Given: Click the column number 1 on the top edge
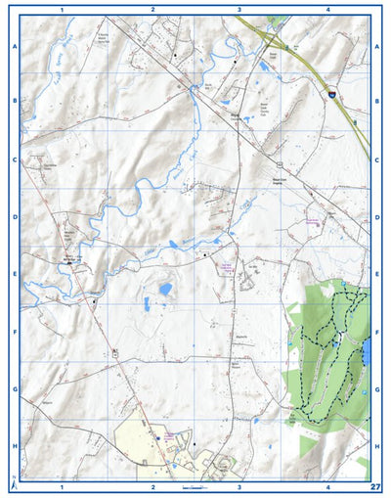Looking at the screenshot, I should coord(62,9).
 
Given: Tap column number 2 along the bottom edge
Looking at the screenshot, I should coord(152,486).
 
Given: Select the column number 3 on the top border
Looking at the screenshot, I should coord(239,9).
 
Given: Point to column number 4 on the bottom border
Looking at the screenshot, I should coord(328,486).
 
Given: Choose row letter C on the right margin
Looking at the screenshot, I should coord(377,158).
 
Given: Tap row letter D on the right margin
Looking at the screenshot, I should coord(377,217).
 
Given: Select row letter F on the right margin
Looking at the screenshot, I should coord(377,332).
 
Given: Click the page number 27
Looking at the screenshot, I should coord(375,486).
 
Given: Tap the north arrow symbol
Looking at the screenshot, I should coord(13,482).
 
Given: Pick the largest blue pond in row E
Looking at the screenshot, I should coord(165,290).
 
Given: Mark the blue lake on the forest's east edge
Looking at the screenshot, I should coord(366,351).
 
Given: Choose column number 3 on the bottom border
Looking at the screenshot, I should coord(239,486).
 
